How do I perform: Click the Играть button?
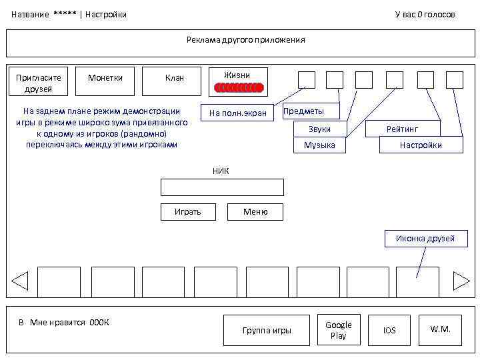click(x=187, y=212)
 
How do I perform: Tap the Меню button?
click(x=255, y=212)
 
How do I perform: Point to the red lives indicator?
click(x=239, y=87)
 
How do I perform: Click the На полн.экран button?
click(x=237, y=113)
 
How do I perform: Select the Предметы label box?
click(x=309, y=111)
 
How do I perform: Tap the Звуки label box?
click(x=319, y=129)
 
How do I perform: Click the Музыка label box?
click(x=319, y=145)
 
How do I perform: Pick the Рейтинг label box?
click(x=403, y=129)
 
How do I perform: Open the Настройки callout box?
click(x=420, y=145)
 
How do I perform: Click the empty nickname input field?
click(x=222, y=187)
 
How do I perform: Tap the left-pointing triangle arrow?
click(x=20, y=281)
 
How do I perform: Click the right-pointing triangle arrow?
click(x=461, y=281)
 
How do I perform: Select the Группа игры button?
click(x=267, y=331)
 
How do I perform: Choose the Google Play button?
click(x=339, y=330)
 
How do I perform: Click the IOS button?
click(x=389, y=330)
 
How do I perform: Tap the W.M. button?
click(x=441, y=329)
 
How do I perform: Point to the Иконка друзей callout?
click(x=425, y=239)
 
